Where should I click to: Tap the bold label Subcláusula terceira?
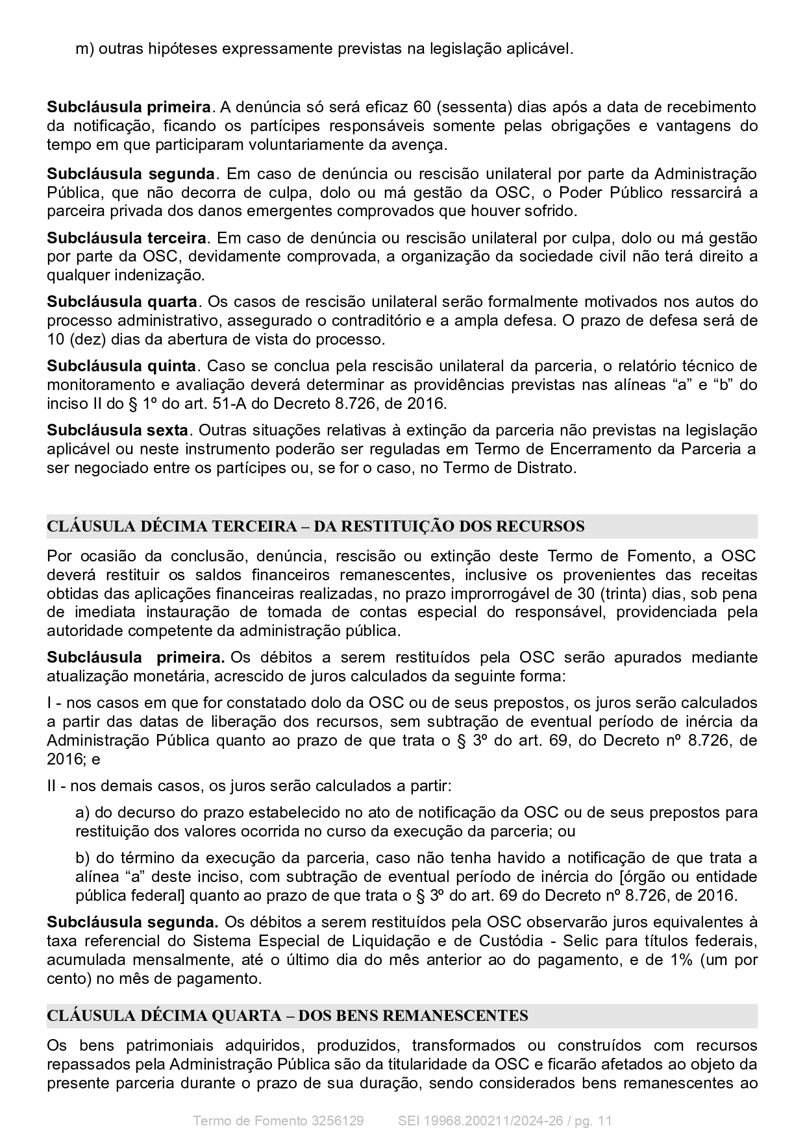click(126, 238)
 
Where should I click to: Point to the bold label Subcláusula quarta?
click(122, 302)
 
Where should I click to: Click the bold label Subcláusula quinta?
click(121, 366)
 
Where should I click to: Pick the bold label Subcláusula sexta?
click(118, 430)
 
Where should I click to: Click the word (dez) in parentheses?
click(84, 339)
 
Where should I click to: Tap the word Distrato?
click(547, 468)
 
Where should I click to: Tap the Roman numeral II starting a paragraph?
click(53, 786)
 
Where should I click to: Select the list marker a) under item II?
click(82, 813)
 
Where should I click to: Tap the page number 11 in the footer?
click(605, 1121)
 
